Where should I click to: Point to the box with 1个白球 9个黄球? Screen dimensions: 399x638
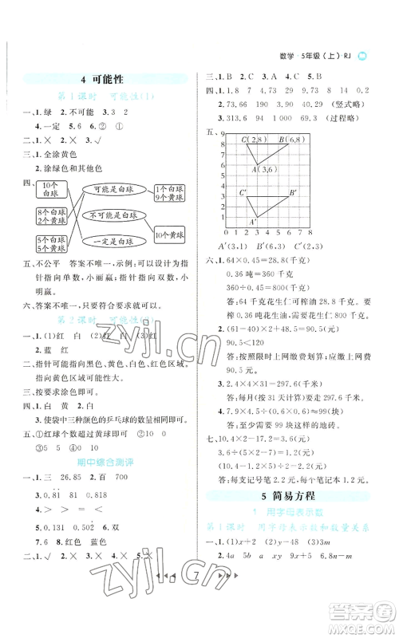tap(176, 191)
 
